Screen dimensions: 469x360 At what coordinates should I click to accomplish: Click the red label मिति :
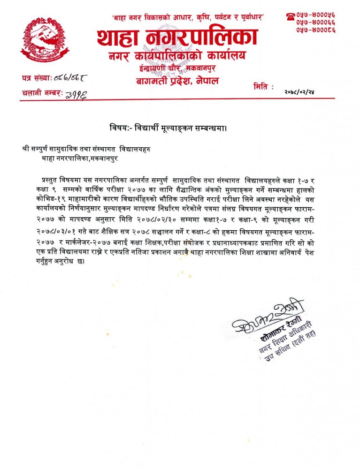263,87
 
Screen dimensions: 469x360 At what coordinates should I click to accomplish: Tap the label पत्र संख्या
38,76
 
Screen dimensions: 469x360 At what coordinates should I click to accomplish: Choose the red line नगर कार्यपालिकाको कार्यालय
176,57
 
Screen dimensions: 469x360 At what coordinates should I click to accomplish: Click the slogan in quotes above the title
188,17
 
